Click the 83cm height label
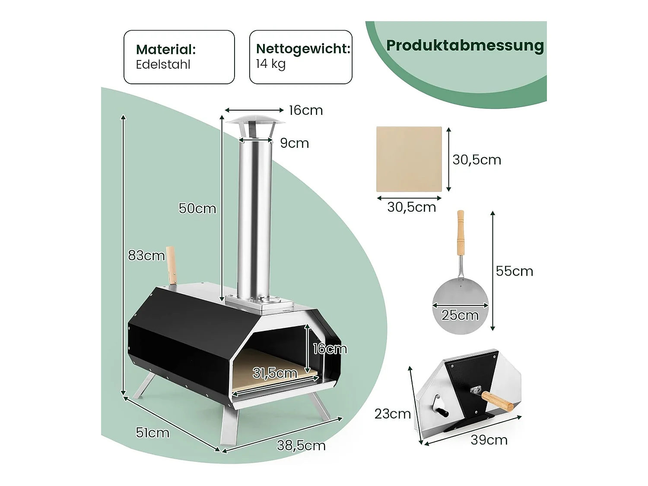pos(146,256)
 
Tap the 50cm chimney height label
pos(197,209)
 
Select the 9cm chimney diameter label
pos(294,143)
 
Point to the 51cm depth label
pos(152,432)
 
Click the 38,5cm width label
pos(301,445)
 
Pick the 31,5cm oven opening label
pos(275,373)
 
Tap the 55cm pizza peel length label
pos(514,271)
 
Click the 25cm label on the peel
pos(460,315)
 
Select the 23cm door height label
pos(392,414)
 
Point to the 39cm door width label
pos(489,440)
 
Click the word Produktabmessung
pos(465,45)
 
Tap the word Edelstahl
pos(163,65)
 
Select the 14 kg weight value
pos(270,64)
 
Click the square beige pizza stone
pos(409,159)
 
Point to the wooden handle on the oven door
pos(497,400)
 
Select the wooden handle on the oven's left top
pos(171,265)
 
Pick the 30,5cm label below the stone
pos(411,207)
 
